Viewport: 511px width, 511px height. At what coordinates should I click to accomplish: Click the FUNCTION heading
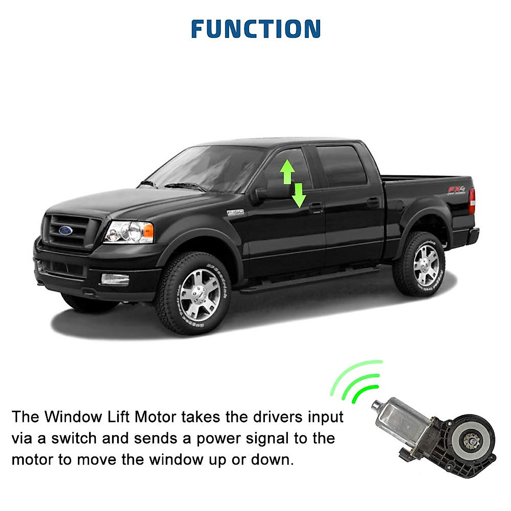tap(255, 29)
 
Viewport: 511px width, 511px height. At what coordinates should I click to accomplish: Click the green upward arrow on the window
tap(287, 171)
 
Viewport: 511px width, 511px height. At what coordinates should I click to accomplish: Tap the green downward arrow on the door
tap(299, 195)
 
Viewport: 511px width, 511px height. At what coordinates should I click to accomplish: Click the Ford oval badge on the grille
tap(66, 230)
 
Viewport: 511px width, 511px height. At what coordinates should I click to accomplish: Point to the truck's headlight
tap(129, 232)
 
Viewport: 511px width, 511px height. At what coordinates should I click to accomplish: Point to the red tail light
tap(472, 201)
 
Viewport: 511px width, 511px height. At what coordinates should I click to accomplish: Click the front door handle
tap(316, 207)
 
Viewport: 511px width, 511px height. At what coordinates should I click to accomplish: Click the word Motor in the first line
tap(155, 416)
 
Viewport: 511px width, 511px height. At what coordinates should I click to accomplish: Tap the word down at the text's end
tap(272, 460)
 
